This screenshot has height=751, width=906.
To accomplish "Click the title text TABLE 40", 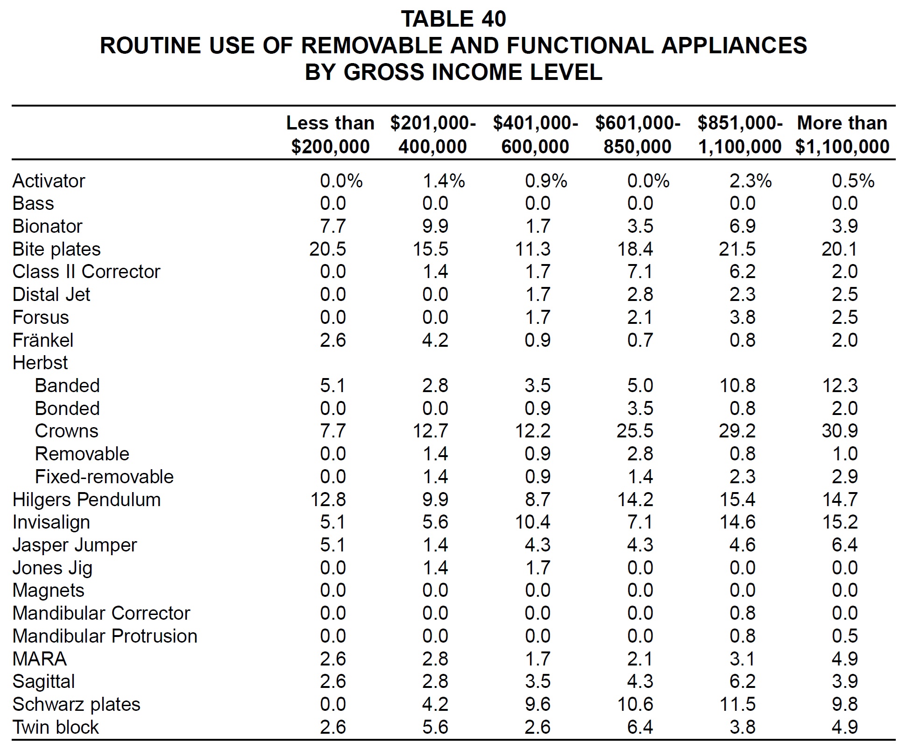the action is (453, 19).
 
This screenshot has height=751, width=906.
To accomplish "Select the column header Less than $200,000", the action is (330, 135).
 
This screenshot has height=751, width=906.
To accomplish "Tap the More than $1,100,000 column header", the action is (842, 135).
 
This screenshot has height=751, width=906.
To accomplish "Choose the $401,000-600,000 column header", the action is (535, 135).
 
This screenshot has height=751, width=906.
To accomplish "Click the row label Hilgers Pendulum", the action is (86, 500).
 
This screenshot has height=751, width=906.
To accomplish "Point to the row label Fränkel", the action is (43, 340).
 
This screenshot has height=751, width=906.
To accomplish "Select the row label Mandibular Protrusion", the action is (105, 636).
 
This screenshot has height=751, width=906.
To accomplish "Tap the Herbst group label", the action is (40, 363).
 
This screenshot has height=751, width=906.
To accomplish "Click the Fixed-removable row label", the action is (104, 477).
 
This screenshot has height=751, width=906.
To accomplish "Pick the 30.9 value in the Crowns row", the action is (840, 431).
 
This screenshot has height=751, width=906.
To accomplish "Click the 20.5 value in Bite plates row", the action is (327, 249).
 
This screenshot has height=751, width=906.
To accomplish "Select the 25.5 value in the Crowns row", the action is (635, 431).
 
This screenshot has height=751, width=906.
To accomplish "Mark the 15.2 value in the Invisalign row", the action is (840, 522).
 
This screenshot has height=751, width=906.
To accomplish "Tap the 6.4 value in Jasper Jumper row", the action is (844, 545).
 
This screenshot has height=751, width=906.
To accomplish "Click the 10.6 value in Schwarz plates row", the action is (635, 704).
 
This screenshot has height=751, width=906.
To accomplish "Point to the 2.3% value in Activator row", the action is (750, 181).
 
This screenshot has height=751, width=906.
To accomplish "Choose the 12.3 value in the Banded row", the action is (840, 386).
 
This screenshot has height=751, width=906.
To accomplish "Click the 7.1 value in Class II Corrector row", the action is (640, 272).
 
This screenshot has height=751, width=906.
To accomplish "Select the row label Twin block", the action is (56, 727).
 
